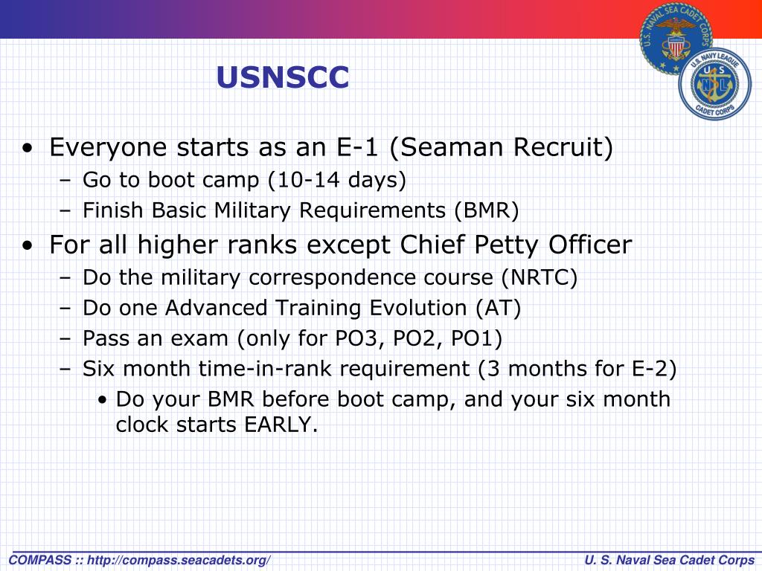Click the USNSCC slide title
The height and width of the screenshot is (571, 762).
tap(282, 77)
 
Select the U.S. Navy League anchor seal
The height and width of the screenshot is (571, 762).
tap(715, 84)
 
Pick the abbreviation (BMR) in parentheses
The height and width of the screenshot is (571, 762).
tap(487, 210)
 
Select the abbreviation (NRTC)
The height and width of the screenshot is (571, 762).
tap(540, 278)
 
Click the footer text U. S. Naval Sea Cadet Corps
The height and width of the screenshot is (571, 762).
tap(669, 561)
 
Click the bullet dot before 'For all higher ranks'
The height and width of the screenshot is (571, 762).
tap(28, 245)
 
